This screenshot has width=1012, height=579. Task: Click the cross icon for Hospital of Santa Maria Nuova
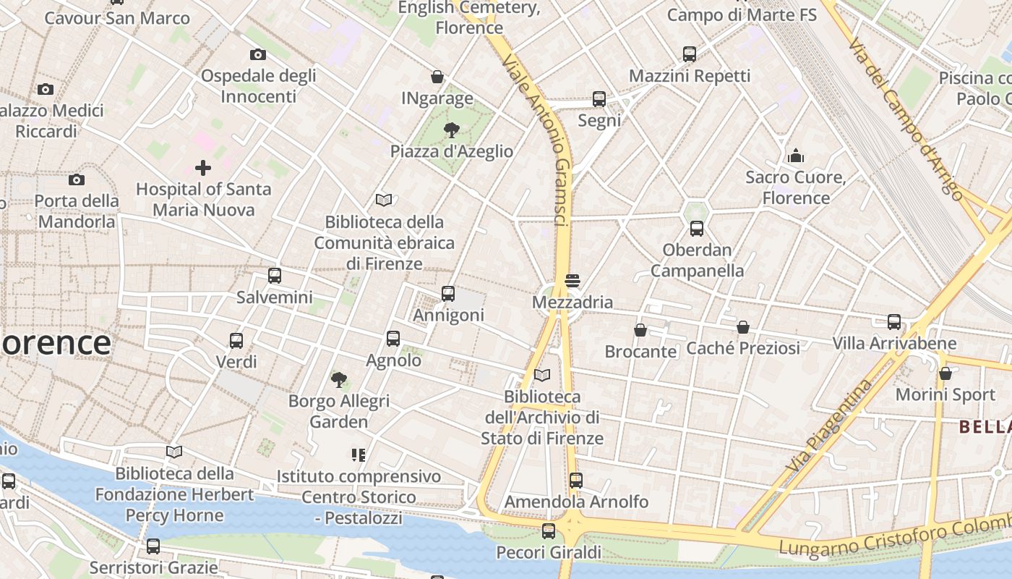pyautogui.click(x=203, y=168)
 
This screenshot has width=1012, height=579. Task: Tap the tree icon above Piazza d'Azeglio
pyautogui.click(x=452, y=130)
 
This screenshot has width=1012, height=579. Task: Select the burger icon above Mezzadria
pyautogui.click(x=573, y=281)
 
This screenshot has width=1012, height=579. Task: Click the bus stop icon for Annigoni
pyautogui.click(x=448, y=294)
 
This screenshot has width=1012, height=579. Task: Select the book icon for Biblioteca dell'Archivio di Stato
pyautogui.click(x=542, y=375)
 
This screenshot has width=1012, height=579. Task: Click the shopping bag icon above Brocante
pyautogui.click(x=640, y=330)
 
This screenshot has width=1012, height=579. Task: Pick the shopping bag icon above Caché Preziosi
pyautogui.click(x=743, y=327)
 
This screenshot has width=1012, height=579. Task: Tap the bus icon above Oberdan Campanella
pyautogui.click(x=697, y=229)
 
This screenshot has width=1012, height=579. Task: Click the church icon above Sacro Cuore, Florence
pyautogui.click(x=796, y=156)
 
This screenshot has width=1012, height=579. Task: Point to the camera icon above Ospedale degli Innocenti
pyautogui.click(x=258, y=54)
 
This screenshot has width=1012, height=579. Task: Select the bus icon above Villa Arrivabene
pyautogui.click(x=894, y=322)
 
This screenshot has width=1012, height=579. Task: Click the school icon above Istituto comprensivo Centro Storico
pyautogui.click(x=359, y=455)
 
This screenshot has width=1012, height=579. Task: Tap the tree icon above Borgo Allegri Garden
pyautogui.click(x=338, y=379)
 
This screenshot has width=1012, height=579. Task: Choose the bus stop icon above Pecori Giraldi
pyautogui.click(x=549, y=531)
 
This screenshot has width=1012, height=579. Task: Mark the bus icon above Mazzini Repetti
pyautogui.click(x=690, y=54)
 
